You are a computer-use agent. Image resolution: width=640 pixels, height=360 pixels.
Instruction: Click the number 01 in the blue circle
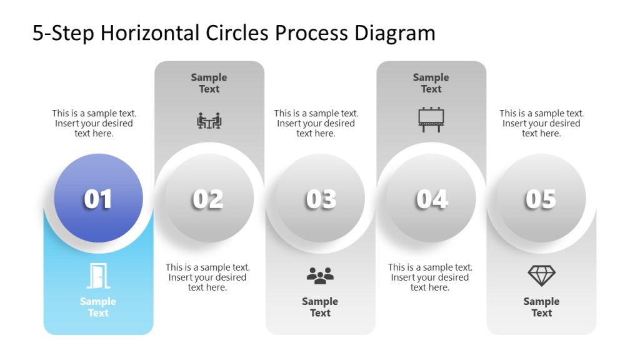coord(98,199)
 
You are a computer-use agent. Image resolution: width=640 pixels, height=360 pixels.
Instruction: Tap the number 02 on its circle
coord(208,199)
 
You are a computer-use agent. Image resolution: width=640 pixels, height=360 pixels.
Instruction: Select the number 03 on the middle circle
coord(321,199)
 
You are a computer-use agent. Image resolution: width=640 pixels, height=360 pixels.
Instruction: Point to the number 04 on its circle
coord(432,199)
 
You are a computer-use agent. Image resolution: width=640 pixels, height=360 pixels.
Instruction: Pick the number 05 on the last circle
coord(541,199)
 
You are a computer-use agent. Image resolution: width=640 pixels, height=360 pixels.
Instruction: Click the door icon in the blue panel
coord(97,276)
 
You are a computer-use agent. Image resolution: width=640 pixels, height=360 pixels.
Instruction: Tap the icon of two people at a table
coord(209,120)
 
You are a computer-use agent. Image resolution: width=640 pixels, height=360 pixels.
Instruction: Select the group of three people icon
coord(320,276)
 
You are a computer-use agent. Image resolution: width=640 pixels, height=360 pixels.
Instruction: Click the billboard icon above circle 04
coord(431,119)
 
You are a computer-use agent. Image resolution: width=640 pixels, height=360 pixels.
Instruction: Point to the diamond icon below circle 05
coord(541,276)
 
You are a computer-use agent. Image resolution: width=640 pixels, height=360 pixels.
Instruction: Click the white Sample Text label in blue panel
coord(98,307)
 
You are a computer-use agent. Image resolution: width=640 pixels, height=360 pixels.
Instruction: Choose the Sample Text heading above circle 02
coord(209,83)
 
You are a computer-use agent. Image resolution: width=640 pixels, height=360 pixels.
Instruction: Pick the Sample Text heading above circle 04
coord(431,83)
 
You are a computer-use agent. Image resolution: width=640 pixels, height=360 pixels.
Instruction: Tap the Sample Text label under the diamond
coord(541,307)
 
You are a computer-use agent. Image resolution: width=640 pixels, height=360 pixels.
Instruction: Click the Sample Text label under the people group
coord(320,307)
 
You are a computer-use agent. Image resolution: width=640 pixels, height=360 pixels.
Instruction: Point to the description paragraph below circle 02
coord(207,277)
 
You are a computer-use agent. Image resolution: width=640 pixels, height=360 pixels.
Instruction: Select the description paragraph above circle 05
coord(541,123)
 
